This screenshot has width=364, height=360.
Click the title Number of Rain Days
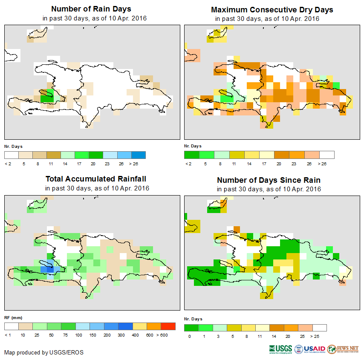[91, 9]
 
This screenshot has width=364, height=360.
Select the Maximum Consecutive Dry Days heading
[272, 9]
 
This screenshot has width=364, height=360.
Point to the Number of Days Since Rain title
[269, 180]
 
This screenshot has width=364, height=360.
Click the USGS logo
[280, 349]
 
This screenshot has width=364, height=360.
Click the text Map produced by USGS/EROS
[44, 352]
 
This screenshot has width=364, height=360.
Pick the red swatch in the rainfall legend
[168, 327]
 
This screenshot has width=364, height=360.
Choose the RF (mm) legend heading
[13, 318]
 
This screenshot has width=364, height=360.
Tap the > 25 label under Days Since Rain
[320, 336]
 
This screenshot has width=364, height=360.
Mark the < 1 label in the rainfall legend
[8, 336]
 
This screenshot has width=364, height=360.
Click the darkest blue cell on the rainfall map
[50, 269]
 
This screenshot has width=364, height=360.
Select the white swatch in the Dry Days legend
[327, 155]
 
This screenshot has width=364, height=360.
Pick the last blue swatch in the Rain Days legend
[138, 155]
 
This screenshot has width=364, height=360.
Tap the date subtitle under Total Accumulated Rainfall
[97, 188]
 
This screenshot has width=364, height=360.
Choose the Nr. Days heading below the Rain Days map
[14, 146]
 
